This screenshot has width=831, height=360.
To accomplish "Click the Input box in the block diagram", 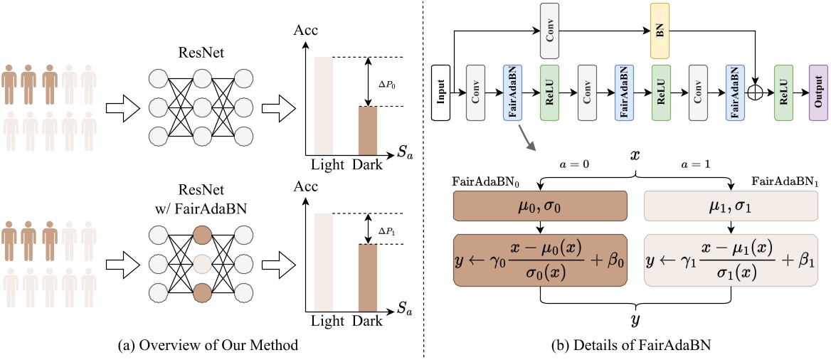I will (442, 92).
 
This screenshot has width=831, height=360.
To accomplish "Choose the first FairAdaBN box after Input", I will (514, 92).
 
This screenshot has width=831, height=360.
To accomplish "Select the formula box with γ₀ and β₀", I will (540, 260).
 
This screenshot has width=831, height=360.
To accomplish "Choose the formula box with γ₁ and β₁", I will (730, 260).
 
